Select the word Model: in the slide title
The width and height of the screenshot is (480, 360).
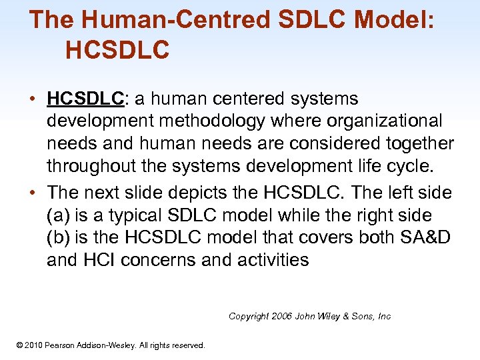[395, 19]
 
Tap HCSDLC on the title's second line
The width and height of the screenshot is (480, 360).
[118, 50]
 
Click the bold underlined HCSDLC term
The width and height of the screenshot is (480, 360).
[85, 99]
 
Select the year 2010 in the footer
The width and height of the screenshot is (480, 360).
[33, 345]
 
